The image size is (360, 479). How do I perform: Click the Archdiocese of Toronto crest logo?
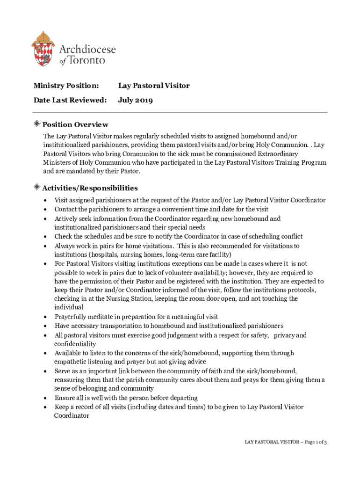[43, 49]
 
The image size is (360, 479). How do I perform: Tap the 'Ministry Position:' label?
[66, 86]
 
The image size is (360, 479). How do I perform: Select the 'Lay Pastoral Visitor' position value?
[154, 86]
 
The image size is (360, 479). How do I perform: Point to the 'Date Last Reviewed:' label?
[70, 100]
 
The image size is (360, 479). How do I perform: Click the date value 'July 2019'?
[136, 100]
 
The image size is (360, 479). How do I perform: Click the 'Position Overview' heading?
[75, 124]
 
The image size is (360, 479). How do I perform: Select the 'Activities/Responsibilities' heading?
[90, 188]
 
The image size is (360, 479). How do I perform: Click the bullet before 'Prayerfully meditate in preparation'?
[44, 317]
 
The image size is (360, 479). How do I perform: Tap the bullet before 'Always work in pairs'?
[44, 246]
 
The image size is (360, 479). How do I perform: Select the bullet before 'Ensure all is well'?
[44, 398]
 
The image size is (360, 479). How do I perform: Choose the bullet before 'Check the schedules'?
[44, 237]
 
